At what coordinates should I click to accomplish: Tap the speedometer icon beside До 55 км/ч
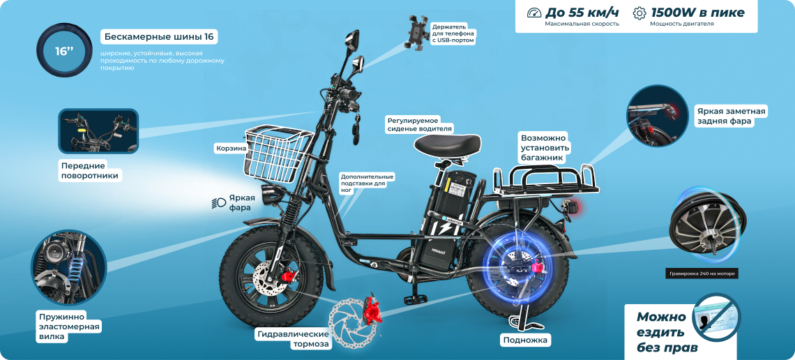pyautogui.click(x=534, y=13)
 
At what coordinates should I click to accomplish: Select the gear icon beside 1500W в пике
pyautogui.click(x=640, y=13)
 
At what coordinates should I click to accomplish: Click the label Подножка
pyautogui.click(x=524, y=340)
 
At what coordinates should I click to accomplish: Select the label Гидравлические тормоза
pyautogui.click(x=293, y=339)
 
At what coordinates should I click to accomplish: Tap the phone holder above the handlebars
pyautogui.click(x=417, y=32)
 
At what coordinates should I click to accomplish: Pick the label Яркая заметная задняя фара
pyautogui.click(x=731, y=116)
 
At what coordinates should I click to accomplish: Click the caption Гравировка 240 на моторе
pyautogui.click(x=702, y=273)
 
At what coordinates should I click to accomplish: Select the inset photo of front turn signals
pyautogui.click(x=98, y=131)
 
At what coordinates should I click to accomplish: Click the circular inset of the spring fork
pyautogui.click(x=69, y=267)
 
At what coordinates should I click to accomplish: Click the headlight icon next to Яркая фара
pyautogui.click(x=218, y=203)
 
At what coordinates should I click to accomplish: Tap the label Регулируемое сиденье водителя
pyautogui.click(x=420, y=125)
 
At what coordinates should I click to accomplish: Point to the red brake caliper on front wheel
pyautogui.click(x=289, y=276)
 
